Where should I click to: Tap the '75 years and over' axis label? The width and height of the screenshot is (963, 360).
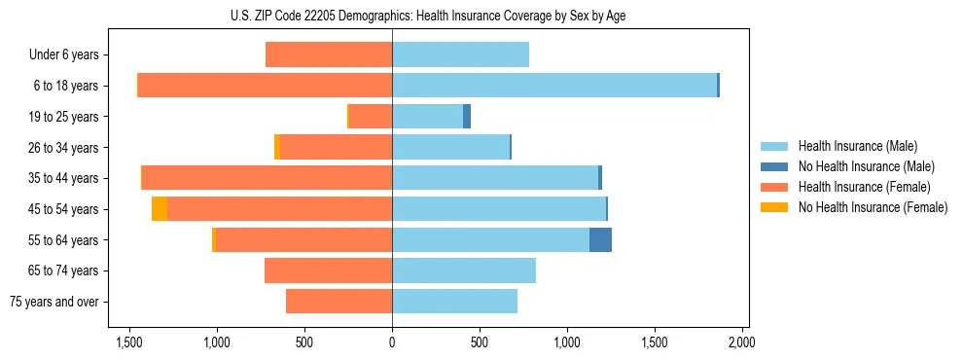tap(54, 302)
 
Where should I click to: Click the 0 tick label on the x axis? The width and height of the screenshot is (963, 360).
tap(392, 342)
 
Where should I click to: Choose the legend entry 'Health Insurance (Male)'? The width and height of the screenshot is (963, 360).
tap(857, 146)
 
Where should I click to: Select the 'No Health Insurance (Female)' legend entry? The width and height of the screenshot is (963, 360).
tap(873, 207)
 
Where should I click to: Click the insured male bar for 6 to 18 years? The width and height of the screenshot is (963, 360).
tap(554, 86)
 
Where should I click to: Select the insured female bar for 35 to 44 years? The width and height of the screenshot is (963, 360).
tap(267, 178)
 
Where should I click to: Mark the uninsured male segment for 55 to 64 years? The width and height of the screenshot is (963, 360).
tap(600, 239)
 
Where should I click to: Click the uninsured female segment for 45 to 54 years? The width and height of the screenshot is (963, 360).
tap(160, 209)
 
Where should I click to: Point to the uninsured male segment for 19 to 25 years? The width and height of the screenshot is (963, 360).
tap(467, 117)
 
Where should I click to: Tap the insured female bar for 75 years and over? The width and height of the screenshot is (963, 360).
tap(339, 302)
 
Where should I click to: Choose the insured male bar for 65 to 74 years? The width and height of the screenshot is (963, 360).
tap(464, 270)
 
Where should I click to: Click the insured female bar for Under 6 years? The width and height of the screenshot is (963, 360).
tap(329, 55)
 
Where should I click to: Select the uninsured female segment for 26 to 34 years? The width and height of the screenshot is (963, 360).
tap(277, 147)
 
